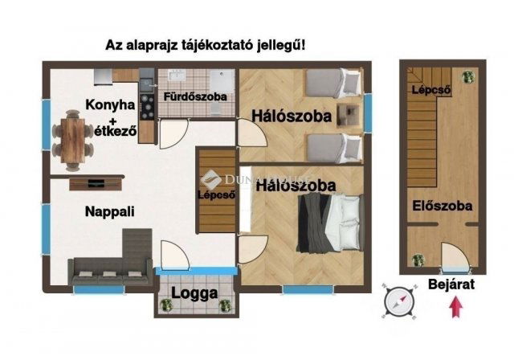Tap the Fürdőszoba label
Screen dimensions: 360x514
[x=194, y=96]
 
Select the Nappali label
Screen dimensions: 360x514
[x=109, y=211]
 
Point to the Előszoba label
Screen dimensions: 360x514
[x=443, y=205]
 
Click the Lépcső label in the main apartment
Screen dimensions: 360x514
[x=217, y=194]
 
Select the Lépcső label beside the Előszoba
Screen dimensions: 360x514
[x=428, y=90]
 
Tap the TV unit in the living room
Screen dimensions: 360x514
[x=96, y=183]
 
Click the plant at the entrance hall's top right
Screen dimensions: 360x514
[x=468, y=76]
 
